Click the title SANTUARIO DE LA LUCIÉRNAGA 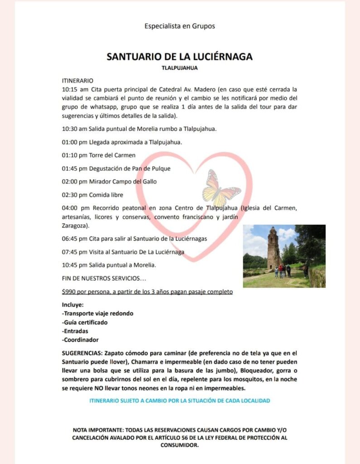[179, 57]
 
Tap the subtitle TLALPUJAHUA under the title [179, 68]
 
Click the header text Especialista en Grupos [179, 26]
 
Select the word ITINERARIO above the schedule [77, 80]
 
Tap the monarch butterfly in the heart [220, 188]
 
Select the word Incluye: [73, 304]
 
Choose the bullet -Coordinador [80, 339]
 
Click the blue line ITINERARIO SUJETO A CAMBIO [179, 401]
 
